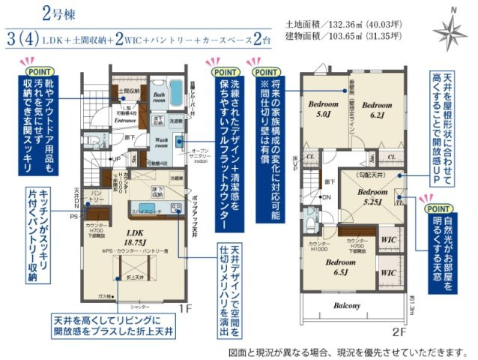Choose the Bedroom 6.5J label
pyautogui.click(x=339, y=266)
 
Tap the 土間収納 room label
pyautogui.click(x=130, y=93)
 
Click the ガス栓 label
pyautogui.click(x=104, y=296)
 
